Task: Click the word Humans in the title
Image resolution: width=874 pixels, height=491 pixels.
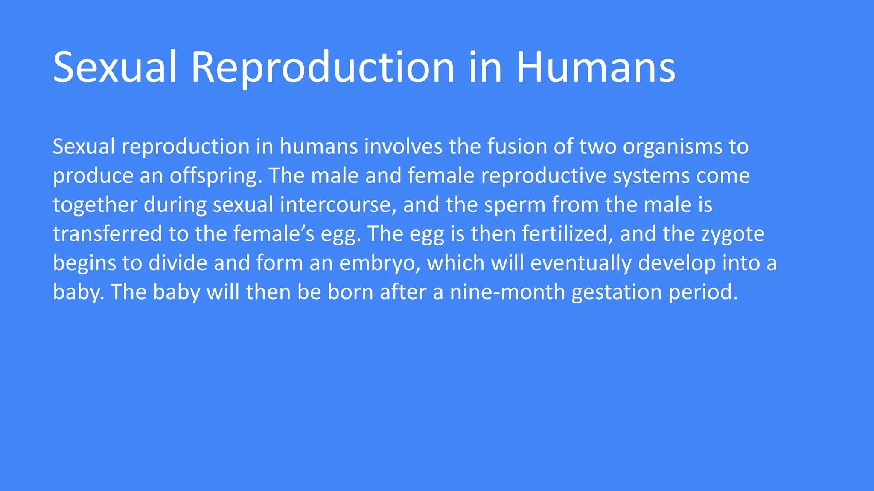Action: pyautogui.click(x=596, y=67)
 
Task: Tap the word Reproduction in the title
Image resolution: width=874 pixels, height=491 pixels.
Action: pyautogui.click(x=322, y=67)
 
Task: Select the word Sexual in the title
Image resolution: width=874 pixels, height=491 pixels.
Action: pyautogui.click(x=114, y=67)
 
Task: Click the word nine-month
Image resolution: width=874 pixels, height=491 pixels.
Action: pyautogui.click(x=507, y=292)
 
